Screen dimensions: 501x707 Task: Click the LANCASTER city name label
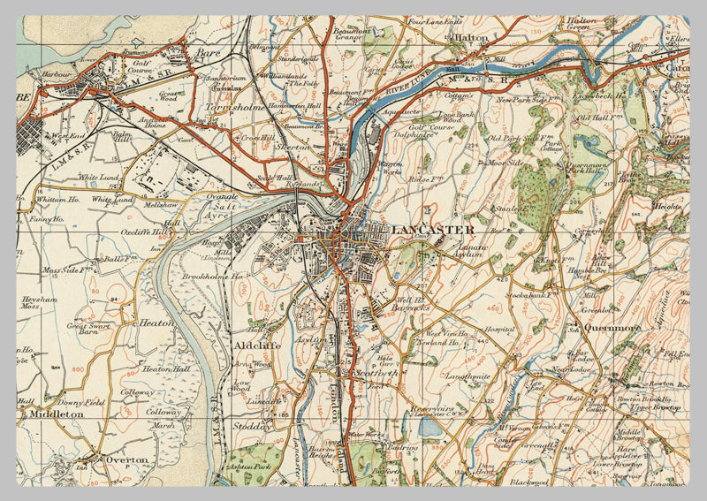(433, 230)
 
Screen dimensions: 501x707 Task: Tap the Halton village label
(470, 38)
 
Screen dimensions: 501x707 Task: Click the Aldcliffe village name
(257, 345)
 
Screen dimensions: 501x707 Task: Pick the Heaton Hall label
(166, 368)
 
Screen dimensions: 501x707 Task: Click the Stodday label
(252, 426)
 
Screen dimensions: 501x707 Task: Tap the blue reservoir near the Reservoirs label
(430, 428)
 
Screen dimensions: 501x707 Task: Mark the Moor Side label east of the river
(501, 163)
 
